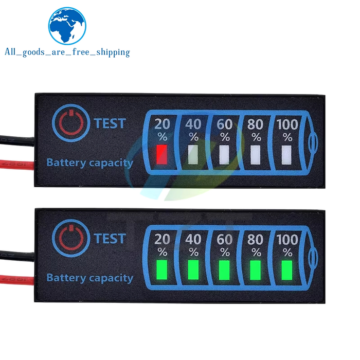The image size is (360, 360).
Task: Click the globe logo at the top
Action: coord(67,25)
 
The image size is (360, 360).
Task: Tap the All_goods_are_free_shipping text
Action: coord(67,52)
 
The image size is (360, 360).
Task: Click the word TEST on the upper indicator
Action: coord(110,123)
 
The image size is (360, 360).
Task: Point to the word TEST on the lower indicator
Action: coord(110,239)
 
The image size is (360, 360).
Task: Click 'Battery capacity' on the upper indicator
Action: coord(89,163)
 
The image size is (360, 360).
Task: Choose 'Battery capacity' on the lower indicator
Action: coord(89,278)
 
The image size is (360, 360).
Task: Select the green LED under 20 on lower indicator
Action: coord(162,268)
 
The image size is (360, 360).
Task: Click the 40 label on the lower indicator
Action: coord(193,239)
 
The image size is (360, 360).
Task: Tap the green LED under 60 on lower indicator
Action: coord(224,268)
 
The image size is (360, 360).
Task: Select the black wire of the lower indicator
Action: coord(15,253)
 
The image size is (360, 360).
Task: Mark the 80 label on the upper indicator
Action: coord(256,124)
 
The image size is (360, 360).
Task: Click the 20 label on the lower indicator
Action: coord(162,239)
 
